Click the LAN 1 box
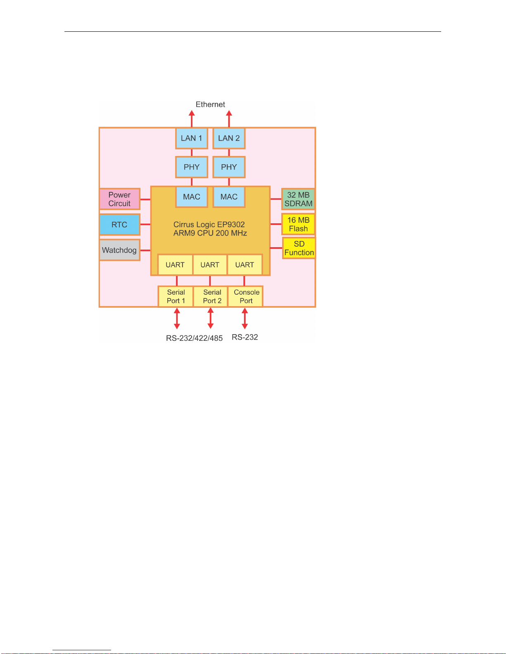point(191,138)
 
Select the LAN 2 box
point(229,138)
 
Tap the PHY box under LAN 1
point(191,167)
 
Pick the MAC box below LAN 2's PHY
point(229,197)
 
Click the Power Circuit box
point(119,199)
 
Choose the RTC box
point(119,224)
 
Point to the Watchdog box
point(119,250)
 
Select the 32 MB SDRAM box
point(298,199)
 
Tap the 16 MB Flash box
point(298,224)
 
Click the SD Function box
point(299,248)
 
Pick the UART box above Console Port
point(245,265)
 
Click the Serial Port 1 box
point(176,296)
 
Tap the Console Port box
point(246,296)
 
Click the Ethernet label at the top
point(210,104)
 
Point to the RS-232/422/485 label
point(194,338)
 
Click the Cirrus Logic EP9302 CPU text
point(210,229)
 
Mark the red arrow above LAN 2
point(229,118)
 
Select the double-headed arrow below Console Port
point(245,319)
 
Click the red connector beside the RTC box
point(145,224)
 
